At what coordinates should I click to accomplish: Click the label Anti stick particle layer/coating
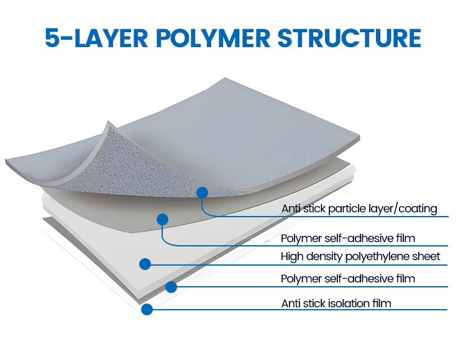pyautogui.click(x=359, y=209)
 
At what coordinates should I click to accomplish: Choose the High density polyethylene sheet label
pyautogui.click(x=360, y=256)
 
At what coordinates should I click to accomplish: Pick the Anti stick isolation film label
pyautogui.click(x=336, y=303)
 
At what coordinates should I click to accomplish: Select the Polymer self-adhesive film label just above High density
pyautogui.click(x=348, y=238)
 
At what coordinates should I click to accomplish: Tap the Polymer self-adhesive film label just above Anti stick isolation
pyautogui.click(x=348, y=279)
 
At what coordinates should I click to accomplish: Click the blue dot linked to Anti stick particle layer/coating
pyautogui.click(x=201, y=192)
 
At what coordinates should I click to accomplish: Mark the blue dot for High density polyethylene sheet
pyautogui.click(x=145, y=264)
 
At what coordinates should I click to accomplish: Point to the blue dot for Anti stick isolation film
pyautogui.click(x=147, y=308)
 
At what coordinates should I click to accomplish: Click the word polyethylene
pyautogui.click(x=381, y=256)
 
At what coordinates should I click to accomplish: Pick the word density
pyautogui.click(x=323, y=256)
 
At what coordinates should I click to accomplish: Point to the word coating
pyautogui.click(x=418, y=209)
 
